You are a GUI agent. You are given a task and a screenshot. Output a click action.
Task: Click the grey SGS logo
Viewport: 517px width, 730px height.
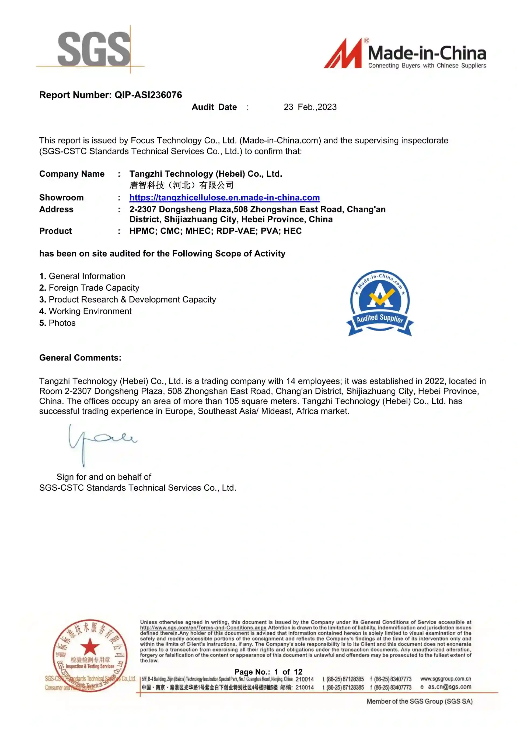[94, 49]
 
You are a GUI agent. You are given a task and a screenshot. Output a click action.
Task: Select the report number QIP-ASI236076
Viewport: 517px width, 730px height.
[148, 95]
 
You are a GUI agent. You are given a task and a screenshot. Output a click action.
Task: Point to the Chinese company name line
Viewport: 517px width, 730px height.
[181, 185]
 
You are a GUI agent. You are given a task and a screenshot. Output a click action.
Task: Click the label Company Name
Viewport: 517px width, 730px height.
[72, 174]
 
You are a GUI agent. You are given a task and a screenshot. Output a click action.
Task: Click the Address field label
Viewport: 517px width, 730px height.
[56, 209]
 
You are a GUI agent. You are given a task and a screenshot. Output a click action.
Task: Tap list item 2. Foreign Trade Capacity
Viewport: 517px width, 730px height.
[89, 288]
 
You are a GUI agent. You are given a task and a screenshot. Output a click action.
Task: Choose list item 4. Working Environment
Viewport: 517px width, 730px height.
[85, 311]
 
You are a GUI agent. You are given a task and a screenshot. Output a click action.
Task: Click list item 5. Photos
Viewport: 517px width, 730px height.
[57, 323]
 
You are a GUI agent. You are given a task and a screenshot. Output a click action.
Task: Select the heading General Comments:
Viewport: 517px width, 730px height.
[80, 358]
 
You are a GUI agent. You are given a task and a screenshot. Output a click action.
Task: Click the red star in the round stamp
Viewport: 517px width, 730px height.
[90, 646]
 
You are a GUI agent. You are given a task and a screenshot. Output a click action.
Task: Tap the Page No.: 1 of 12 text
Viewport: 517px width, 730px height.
[268, 672]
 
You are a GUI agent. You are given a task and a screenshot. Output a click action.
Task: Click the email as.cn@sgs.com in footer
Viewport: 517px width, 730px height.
[449, 687]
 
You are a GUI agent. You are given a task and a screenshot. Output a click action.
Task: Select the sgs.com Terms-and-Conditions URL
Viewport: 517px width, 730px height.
[203, 628]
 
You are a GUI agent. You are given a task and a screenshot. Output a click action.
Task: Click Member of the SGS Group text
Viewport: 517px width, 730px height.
[419, 701]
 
